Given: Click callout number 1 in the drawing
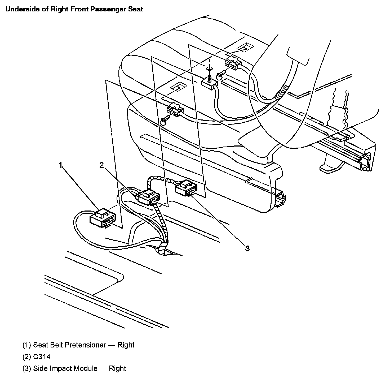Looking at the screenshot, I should click(61, 165).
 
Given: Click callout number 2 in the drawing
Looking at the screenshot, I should click(101, 165).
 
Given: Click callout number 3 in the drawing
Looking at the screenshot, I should click(247, 248).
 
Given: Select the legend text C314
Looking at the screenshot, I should click(42, 356).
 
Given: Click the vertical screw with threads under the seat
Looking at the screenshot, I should click(210, 78).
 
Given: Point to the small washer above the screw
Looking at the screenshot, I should click(209, 69).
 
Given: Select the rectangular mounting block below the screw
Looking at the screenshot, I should click(209, 85).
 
